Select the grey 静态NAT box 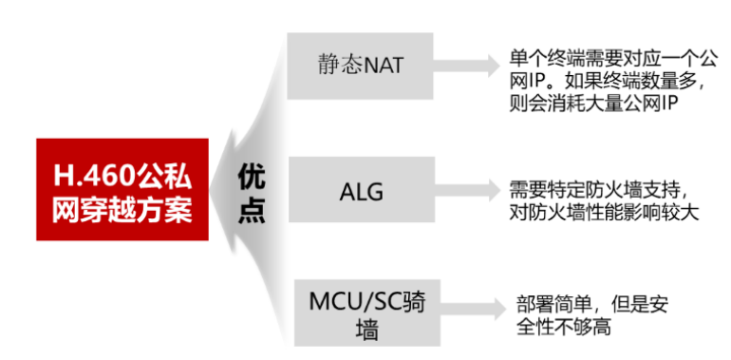360,66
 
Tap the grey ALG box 360,190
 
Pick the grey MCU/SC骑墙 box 360,313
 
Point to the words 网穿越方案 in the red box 122,208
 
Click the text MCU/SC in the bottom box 342,298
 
